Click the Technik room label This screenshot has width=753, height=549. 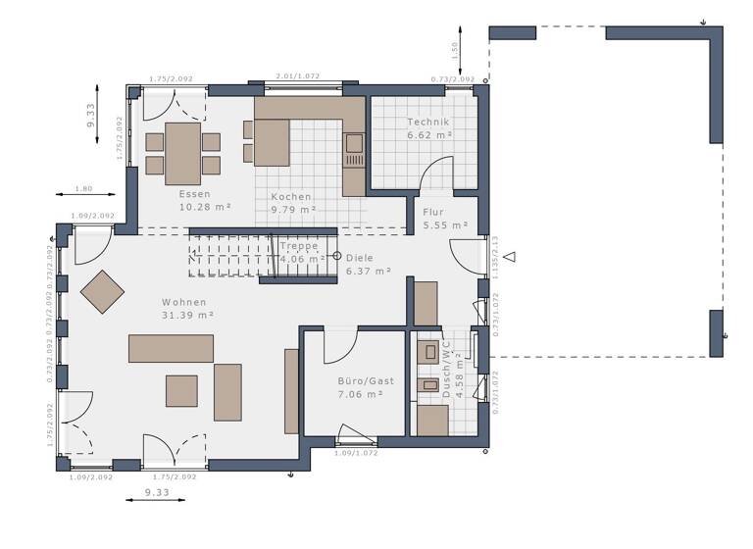coord(428,123)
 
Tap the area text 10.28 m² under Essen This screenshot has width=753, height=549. coord(205,208)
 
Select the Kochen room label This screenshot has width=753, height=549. coord(292,196)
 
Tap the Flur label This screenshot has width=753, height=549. coord(433,212)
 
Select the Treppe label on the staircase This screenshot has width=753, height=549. coord(299,246)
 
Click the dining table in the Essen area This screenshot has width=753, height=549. coord(183,153)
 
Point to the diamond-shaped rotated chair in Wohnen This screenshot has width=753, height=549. coord(103,291)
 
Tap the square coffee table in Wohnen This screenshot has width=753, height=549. coord(181,390)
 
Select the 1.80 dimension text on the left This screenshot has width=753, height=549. coord(83,188)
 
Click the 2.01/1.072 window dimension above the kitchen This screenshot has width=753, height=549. coord(298,75)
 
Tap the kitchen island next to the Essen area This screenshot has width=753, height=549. coord(274,142)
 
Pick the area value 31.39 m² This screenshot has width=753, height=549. coord(187,315)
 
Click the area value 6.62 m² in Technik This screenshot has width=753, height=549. coord(429,135)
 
